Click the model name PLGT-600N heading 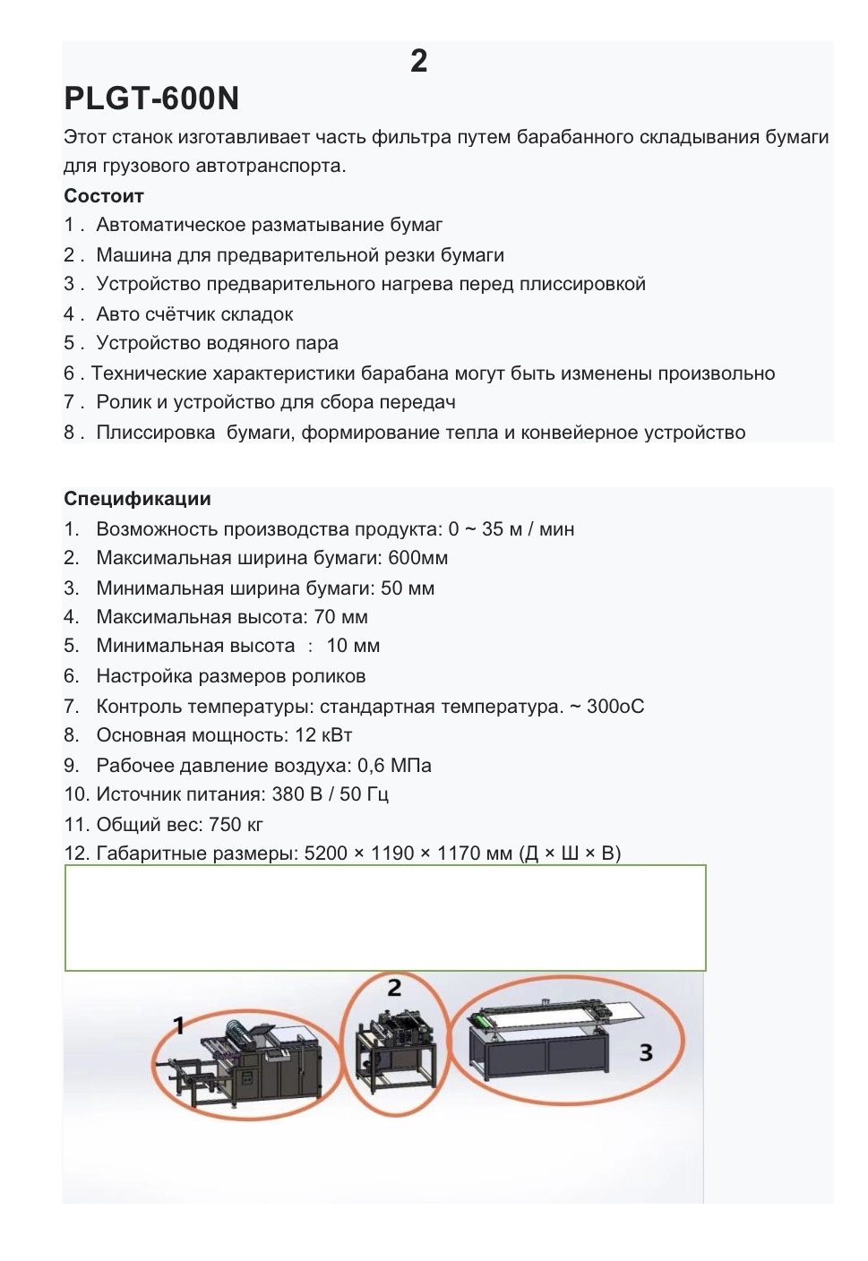151,99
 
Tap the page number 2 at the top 418,61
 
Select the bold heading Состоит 104,196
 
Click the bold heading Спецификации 137,499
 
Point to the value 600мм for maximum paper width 417,558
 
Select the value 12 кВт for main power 323,735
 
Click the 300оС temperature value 615,707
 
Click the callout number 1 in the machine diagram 178,1025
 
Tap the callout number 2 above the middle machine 394,988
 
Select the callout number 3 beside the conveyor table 646,1052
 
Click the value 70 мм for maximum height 340,617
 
